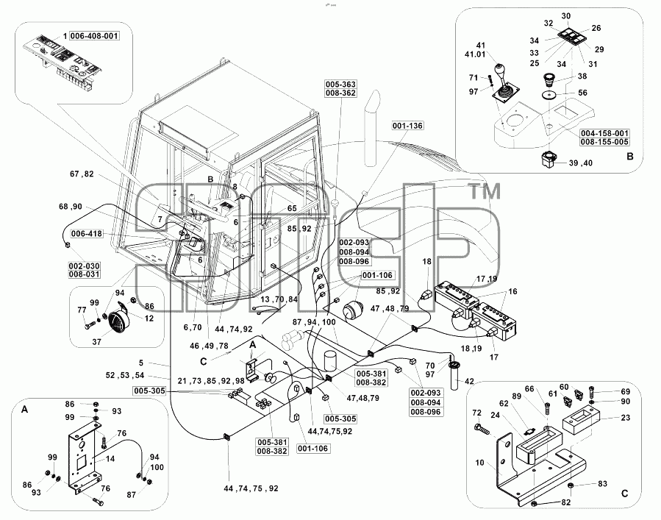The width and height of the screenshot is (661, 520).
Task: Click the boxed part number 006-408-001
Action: click(94, 36)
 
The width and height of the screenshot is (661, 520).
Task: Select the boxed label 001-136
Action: click(407, 126)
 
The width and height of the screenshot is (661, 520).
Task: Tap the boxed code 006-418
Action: click(87, 234)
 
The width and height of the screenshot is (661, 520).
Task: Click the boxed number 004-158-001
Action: click(604, 133)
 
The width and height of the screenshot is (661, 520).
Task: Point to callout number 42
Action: click(469, 381)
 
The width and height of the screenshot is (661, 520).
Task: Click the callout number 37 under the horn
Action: click(96, 342)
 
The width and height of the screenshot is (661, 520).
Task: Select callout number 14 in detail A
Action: click(110, 458)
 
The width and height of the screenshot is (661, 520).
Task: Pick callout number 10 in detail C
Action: click(479, 463)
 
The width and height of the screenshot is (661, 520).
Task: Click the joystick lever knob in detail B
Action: click(500, 69)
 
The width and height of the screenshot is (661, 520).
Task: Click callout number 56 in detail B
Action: click(582, 93)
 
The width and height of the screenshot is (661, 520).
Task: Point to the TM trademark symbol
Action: click(485, 192)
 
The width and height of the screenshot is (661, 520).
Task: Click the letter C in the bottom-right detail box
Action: click(624, 494)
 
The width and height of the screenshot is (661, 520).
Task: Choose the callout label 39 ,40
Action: click(580, 163)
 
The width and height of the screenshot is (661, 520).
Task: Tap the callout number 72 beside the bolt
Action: click(476, 413)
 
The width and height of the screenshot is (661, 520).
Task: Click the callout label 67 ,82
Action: click(82, 174)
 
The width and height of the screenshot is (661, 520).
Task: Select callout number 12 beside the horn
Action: click(149, 318)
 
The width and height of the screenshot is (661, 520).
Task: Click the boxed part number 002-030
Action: click(85, 266)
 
